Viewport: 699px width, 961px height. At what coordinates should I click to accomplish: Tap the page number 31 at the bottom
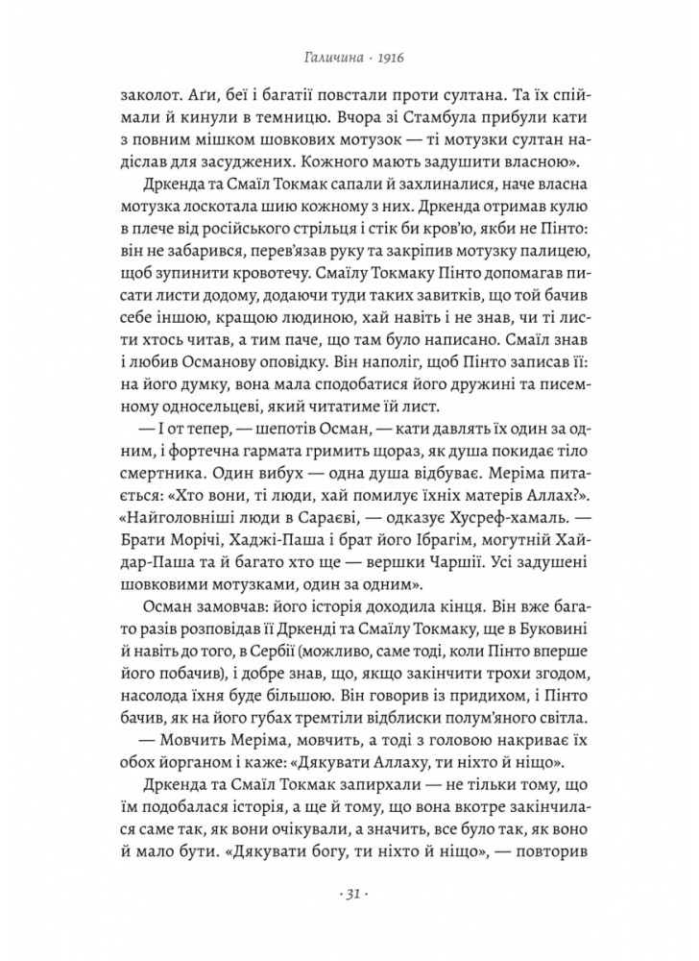point(349,897)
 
